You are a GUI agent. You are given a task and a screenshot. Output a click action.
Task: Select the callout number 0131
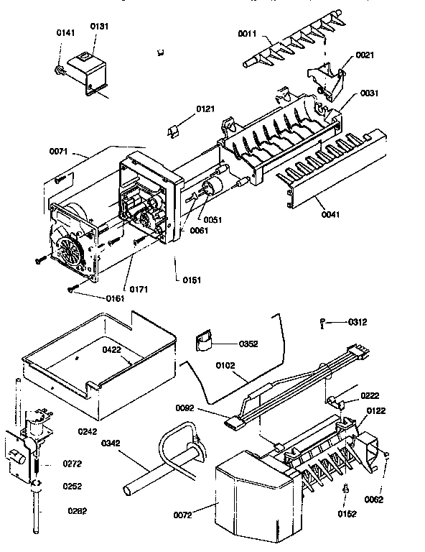click(x=99, y=26)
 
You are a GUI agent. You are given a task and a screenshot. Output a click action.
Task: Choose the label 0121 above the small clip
click(x=205, y=109)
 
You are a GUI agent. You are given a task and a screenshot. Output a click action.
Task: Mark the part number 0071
click(x=60, y=151)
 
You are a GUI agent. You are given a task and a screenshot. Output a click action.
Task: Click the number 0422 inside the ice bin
click(x=111, y=350)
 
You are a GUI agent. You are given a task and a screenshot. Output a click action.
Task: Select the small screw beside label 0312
click(x=325, y=323)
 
